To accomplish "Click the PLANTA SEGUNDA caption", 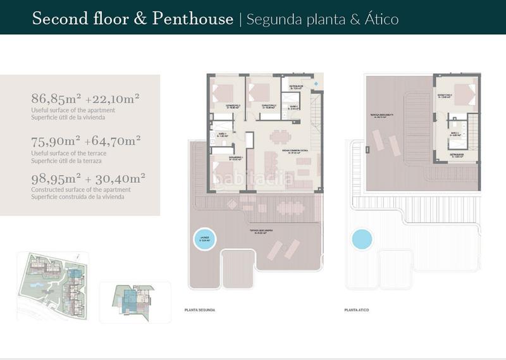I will click(199, 310).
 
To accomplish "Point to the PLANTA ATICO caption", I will click(357, 310).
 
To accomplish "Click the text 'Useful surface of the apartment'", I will click(73, 110).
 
